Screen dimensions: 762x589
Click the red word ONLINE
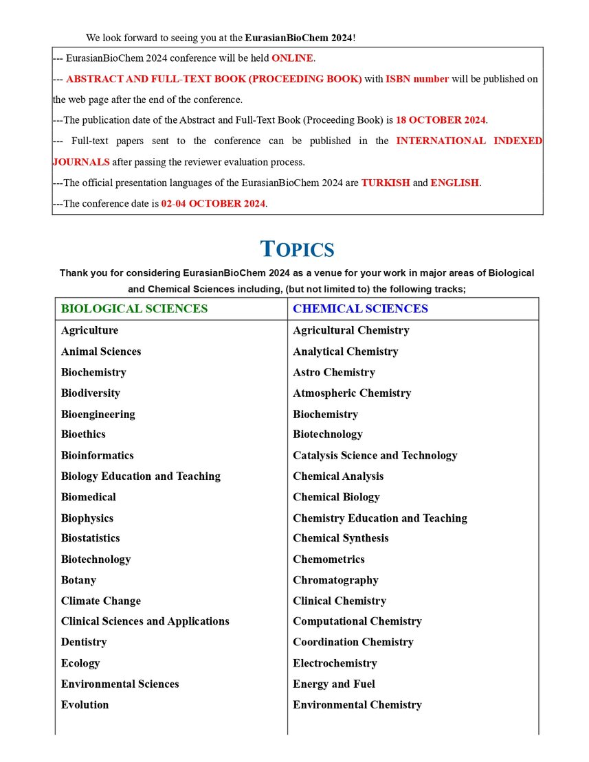click(x=292, y=58)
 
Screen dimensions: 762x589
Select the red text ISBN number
click(x=417, y=79)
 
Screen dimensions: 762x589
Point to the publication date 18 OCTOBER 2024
click(x=441, y=120)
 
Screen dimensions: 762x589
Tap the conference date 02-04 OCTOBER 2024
click(x=213, y=204)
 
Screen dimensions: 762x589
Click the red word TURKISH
click(x=386, y=183)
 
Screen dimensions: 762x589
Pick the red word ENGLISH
click(x=455, y=183)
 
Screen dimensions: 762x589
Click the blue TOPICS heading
click(x=298, y=249)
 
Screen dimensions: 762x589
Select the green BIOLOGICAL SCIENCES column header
click(x=134, y=309)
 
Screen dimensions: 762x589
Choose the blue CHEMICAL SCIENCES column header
click(x=360, y=309)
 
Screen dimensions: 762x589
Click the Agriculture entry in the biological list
click(x=89, y=330)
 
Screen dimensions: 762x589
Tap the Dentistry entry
click(x=84, y=642)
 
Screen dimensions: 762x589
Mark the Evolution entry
click(x=85, y=704)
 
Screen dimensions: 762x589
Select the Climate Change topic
click(x=100, y=601)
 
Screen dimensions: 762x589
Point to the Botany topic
click(x=78, y=580)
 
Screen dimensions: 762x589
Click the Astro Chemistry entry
click(x=334, y=372)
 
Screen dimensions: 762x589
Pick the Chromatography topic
click(x=335, y=580)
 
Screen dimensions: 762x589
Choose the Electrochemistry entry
click(x=335, y=663)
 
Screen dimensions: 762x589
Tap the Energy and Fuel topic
click(x=334, y=684)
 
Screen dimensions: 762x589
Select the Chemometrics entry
click(x=329, y=559)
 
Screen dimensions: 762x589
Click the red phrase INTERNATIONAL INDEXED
click(x=469, y=141)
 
